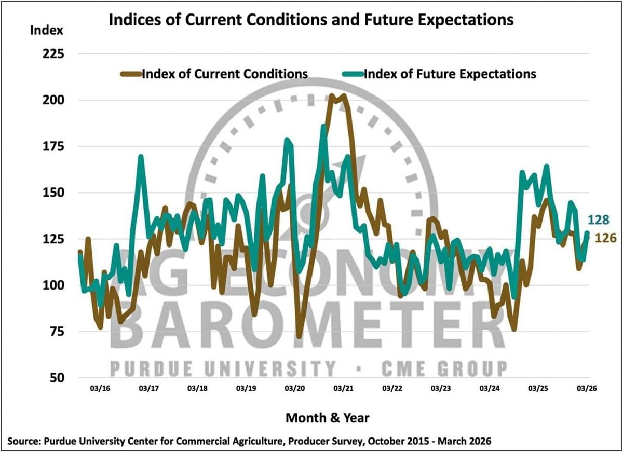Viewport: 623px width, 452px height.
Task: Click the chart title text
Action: (x=310, y=20)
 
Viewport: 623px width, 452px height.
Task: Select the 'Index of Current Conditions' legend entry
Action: (x=225, y=73)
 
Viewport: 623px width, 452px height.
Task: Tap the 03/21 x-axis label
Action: (x=343, y=388)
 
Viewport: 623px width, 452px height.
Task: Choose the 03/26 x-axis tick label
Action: (x=587, y=388)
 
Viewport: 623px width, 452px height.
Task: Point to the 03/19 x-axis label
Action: (x=246, y=388)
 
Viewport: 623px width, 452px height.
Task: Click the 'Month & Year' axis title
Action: (x=328, y=417)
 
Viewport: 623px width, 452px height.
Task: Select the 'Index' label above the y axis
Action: (x=47, y=30)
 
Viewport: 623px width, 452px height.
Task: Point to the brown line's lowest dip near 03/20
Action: (x=299, y=336)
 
